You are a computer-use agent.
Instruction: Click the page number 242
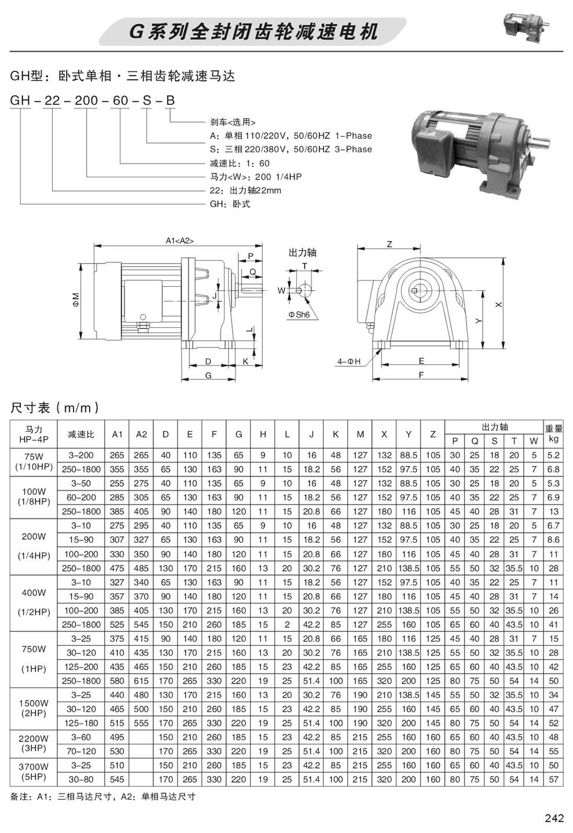(x=554, y=818)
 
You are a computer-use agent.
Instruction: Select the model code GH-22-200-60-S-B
(x=93, y=101)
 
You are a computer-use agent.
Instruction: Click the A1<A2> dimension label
(x=179, y=240)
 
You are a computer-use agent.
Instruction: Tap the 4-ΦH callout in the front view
(x=349, y=362)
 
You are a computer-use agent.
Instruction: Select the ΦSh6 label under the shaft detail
(x=299, y=314)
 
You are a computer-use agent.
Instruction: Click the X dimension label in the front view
(x=498, y=304)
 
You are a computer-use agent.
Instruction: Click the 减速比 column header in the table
(x=84, y=434)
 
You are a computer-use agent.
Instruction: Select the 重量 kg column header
(x=553, y=434)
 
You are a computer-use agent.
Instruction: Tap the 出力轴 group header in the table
(x=494, y=427)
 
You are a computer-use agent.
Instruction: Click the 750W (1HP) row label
(x=34, y=659)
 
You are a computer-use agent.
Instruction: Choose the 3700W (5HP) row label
(x=34, y=772)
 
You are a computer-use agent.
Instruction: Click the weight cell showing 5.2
(x=553, y=455)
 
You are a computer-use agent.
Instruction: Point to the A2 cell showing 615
(x=141, y=681)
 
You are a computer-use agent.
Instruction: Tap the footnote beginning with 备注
(x=103, y=797)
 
